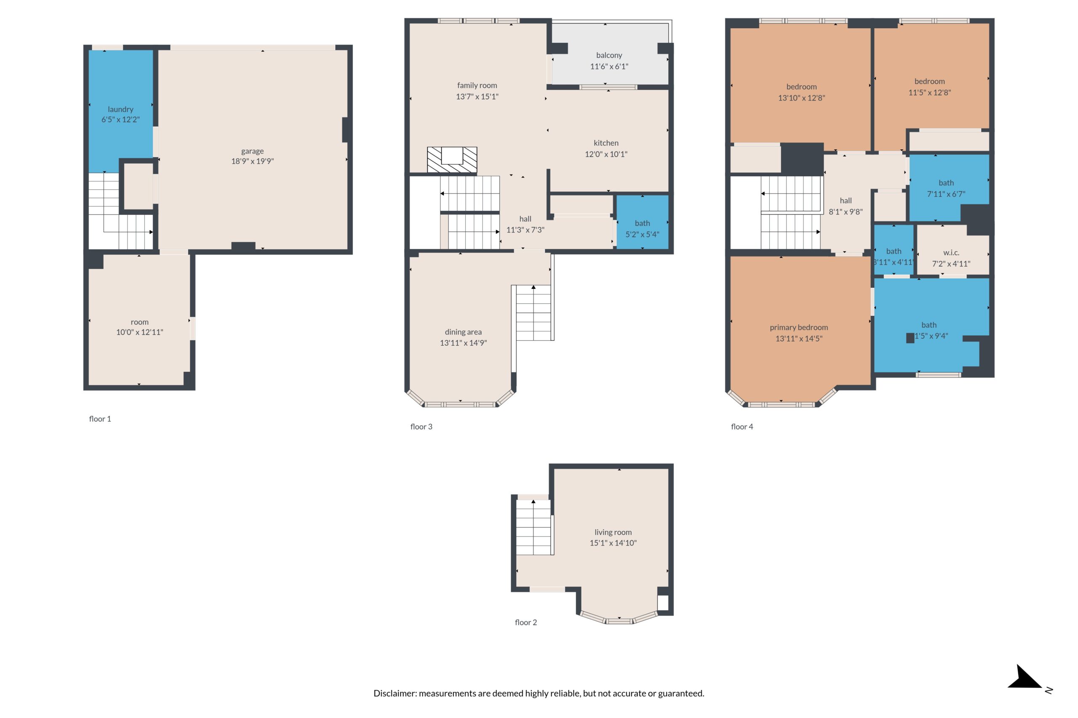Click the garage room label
pyautogui.click(x=252, y=151)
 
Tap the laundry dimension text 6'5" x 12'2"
pyautogui.click(x=120, y=119)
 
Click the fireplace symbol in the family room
pyautogui.click(x=452, y=159)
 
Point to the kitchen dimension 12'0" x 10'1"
pyautogui.click(x=606, y=154)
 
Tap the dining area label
pyautogui.click(x=463, y=332)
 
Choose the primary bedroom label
pyautogui.click(x=798, y=327)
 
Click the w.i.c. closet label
pyautogui.click(x=951, y=253)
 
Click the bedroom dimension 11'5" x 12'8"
pyautogui.click(x=929, y=93)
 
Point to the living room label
pyautogui.click(x=613, y=532)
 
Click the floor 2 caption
pyautogui.click(x=526, y=622)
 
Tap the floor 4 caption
pyautogui.click(x=742, y=427)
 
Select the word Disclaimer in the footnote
pyautogui.click(x=395, y=693)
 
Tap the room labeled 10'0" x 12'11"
pyautogui.click(x=139, y=327)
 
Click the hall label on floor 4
pyautogui.click(x=846, y=201)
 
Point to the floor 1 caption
pyautogui.click(x=100, y=419)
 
